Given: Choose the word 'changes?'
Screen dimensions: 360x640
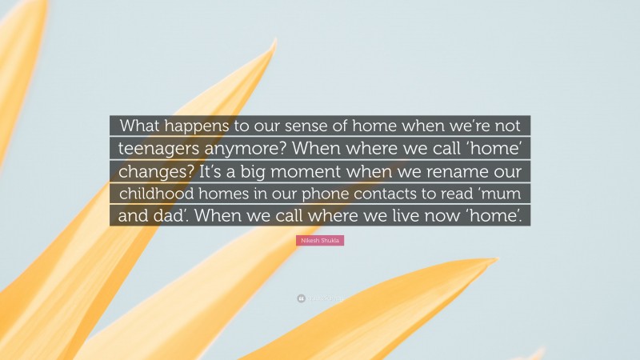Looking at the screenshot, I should [x=152, y=171].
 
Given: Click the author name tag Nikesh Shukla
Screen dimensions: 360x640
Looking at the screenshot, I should [x=320, y=240].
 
